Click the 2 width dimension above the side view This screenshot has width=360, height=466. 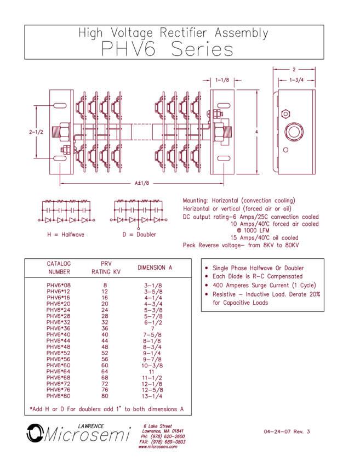pos(294,70)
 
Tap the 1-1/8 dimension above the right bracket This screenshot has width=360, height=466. pos(222,80)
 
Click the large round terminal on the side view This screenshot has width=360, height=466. pos(294,132)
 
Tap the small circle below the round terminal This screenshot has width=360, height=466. pos(285,150)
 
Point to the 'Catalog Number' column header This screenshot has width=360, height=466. pos(59,268)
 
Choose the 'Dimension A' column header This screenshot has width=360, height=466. pos(155,268)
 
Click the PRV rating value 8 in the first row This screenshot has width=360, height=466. pos(105,285)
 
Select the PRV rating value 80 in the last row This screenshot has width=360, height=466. pos(105,395)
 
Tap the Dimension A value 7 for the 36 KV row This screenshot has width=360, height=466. pos(153,329)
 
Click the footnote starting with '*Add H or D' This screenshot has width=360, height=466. pos(107,409)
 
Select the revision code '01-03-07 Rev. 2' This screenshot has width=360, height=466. pos(287,431)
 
